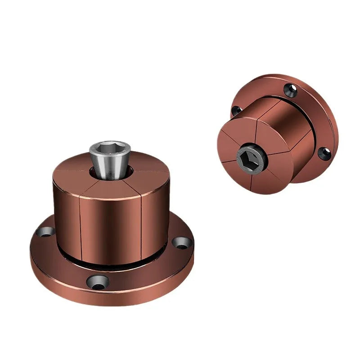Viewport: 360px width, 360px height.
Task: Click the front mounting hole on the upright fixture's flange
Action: (x=98, y=282)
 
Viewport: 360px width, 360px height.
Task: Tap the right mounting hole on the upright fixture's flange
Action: (x=182, y=243)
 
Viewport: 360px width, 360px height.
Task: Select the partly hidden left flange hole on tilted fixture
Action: (x=234, y=110)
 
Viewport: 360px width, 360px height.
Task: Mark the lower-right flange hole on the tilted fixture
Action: (x=324, y=153)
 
